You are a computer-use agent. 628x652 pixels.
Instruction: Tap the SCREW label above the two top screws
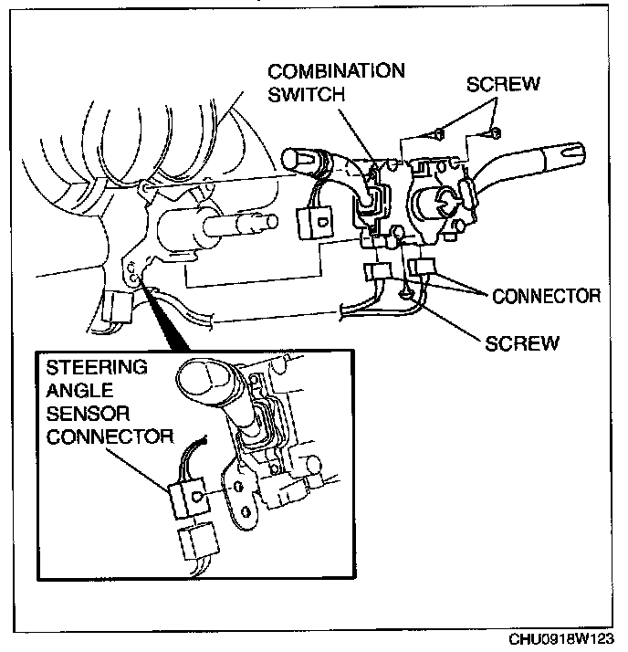502,84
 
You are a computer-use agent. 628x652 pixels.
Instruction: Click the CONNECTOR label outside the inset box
546,296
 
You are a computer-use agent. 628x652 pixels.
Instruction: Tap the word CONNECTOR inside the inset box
110,436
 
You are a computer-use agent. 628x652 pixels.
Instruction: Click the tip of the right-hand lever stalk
575,149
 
